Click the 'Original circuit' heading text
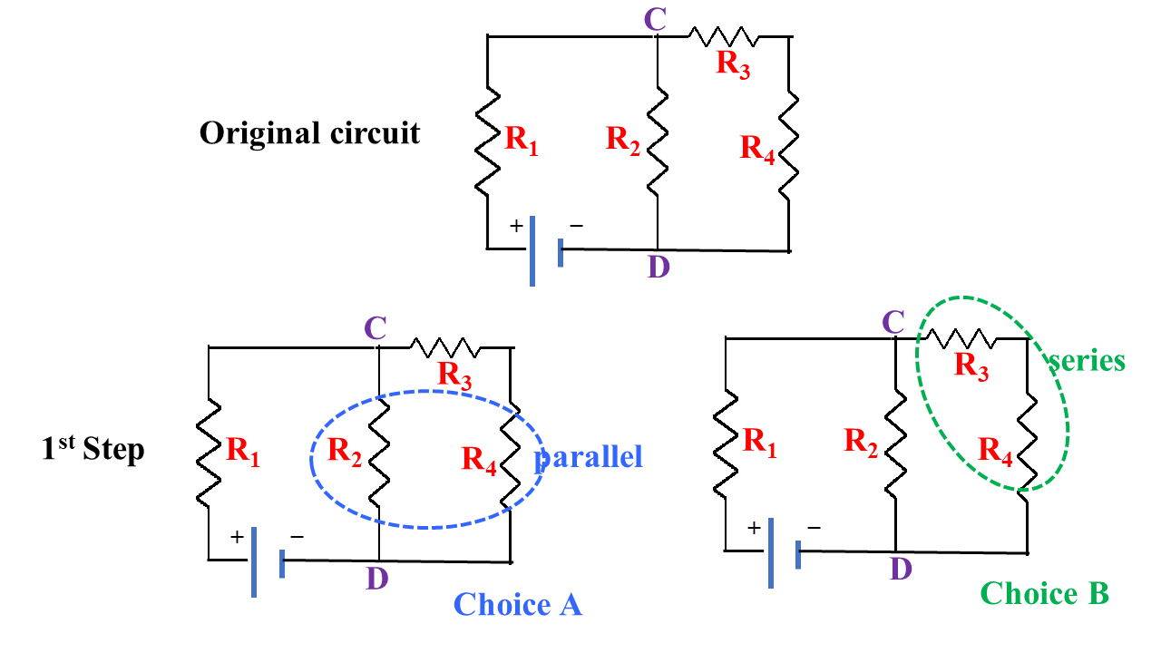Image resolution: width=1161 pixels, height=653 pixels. click(x=309, y=133)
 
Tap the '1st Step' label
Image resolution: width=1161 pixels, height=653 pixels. click(x=93, y=449)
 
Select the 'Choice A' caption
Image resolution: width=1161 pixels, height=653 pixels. click(x=517, y=604)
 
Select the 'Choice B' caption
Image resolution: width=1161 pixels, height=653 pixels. click(x=1044, y=593)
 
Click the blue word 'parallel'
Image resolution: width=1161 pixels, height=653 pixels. click(x=589, y=456)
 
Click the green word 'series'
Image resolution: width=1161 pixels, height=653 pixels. click(x=1087, y=360)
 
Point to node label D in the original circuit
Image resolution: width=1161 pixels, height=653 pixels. click(x=658, y=268)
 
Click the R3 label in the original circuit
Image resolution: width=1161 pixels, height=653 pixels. click(x=733, y=64)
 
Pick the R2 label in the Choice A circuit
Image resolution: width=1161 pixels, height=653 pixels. click(x=345, y=450)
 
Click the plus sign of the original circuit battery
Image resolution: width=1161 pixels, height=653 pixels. click(x=516, y=227)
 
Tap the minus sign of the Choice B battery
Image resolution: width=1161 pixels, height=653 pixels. click(x=814, y=527)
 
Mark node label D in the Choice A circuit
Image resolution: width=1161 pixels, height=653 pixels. click(x=377, y=579)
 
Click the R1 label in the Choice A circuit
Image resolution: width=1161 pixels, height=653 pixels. click(x=242, y=451)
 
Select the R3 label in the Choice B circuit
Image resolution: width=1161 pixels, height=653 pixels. click(x=971, y=365)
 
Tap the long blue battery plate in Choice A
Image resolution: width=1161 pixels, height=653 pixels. click(x=254, y=561)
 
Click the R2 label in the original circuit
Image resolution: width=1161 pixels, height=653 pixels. click(x=623, y=139)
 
